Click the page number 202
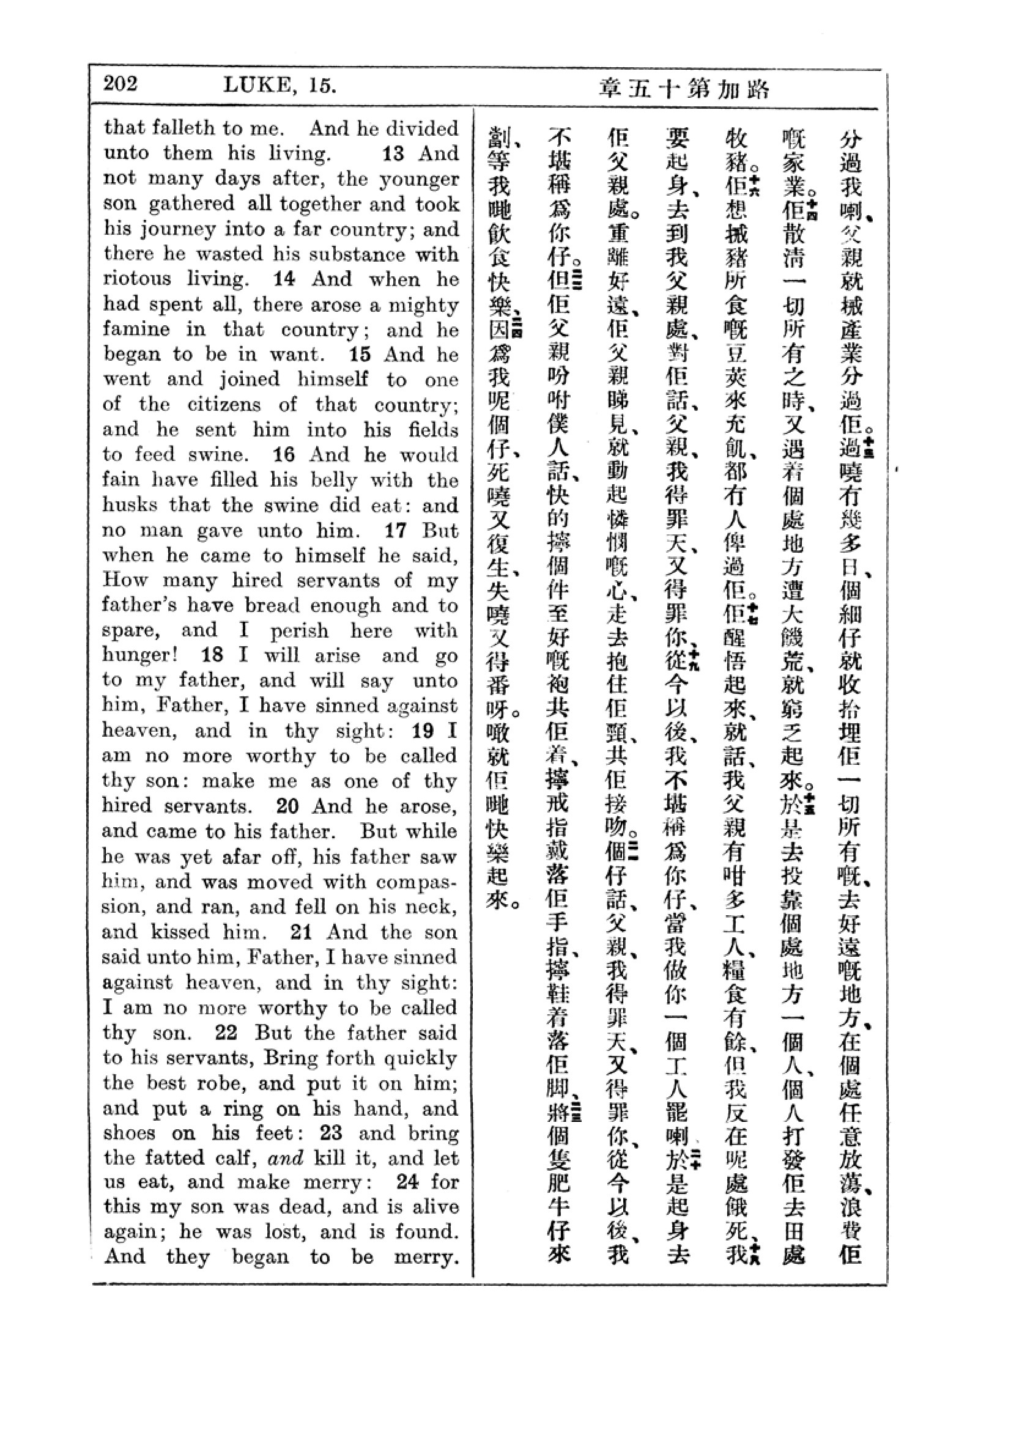pos(121,84)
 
